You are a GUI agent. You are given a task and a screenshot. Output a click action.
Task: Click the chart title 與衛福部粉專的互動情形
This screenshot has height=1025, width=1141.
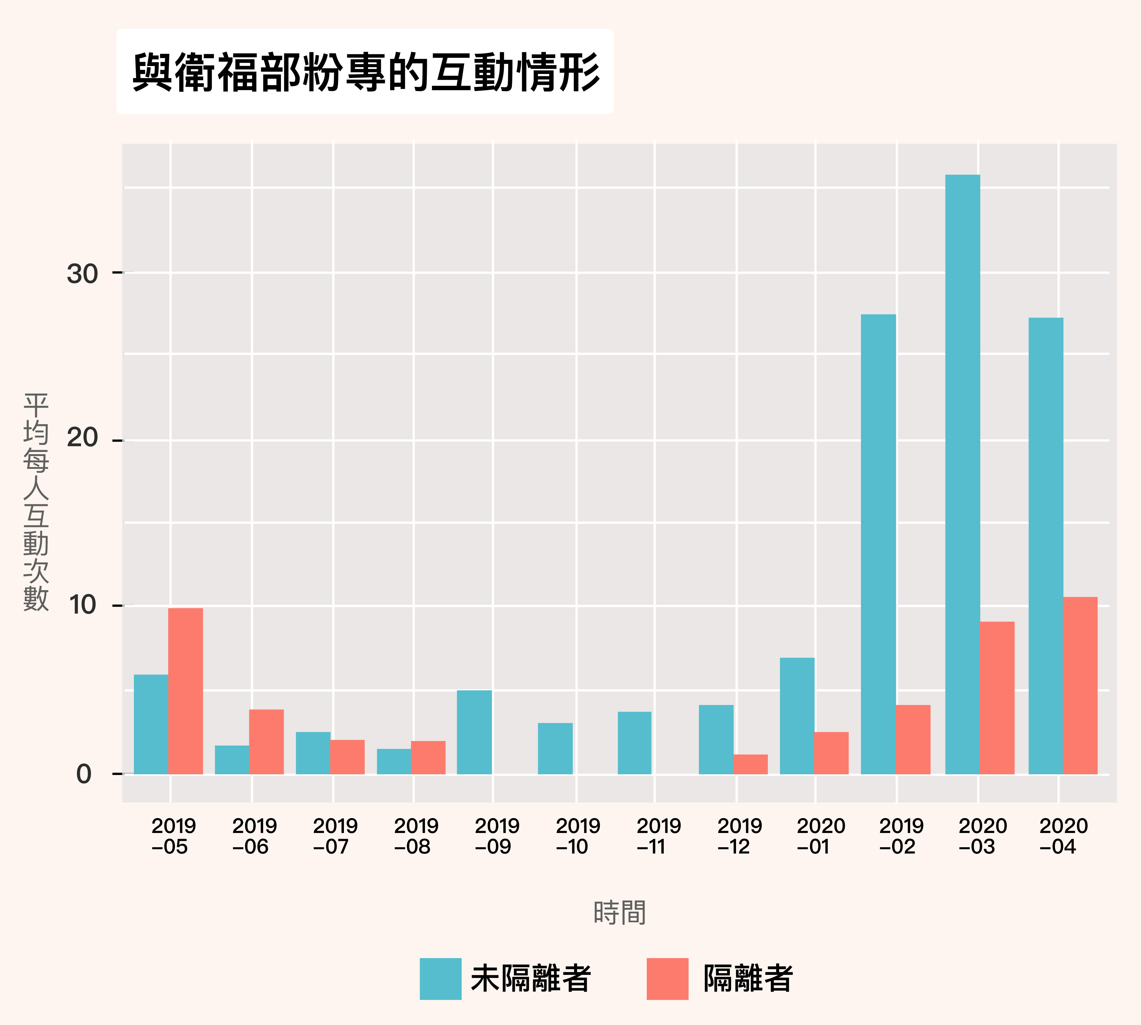pos(366,72)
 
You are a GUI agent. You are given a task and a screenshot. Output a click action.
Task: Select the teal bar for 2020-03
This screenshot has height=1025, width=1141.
pos(962,474)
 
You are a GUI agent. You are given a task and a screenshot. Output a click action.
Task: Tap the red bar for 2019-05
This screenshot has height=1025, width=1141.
pos(186,691)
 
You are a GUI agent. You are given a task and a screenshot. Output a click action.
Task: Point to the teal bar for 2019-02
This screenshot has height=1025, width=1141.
pos(879,544)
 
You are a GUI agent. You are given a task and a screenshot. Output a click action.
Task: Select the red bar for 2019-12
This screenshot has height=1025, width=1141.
pos(750,764)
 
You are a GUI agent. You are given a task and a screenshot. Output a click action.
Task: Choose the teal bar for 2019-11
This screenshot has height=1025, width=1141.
pos(634,743)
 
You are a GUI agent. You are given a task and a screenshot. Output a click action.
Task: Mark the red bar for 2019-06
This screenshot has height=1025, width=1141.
pos(266,742)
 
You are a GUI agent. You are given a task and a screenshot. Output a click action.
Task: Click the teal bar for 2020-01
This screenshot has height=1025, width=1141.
pos(797,716)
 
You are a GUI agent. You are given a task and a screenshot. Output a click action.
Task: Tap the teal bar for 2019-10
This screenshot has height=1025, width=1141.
pos(555,748)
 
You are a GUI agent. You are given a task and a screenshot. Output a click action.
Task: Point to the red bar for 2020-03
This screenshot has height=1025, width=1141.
pos(997,698)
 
